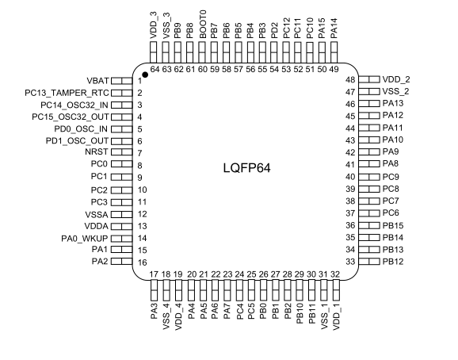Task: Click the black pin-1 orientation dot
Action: pyautogui.click(x=145, y=75)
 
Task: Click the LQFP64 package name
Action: pyautogui.click(x=246, y=168)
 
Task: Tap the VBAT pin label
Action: pyautogui.click(x=97, y=81)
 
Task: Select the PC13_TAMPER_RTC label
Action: pyautogui.click(x=67, y=93)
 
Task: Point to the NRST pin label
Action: pyautogui.click(x=97, y=152)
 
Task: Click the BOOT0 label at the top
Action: pyautogui.click(x=203, y=25)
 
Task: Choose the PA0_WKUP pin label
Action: pyautogui.click(x=85, y=239)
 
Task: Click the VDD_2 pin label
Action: pyautogui.click(x=396, y=79)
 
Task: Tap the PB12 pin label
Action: pyautogui.click(x=393, y=262)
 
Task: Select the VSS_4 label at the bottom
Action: pyautogui.click(x=166, y=316)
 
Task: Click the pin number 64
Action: pyautogui.click(x=155, y=69)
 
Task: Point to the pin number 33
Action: pyautogui.click(x=350, y=262)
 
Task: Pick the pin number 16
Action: pyautogui.click(x=143, y=262)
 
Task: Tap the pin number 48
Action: pyautogui.click(x=350, y=80)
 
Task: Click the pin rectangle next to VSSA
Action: pyautogui.click(x=122, y=214)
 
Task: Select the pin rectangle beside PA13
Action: pyautogui.click(x=369, y=103)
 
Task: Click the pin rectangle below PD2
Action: pyautogui.click(x=273, y=52)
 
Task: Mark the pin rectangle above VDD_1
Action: pyautogui.click(x=336, y=290)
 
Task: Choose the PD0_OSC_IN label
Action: pyautogui.click(x=81, y=129)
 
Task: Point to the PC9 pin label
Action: pyautogui.click(x=391, y=177)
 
